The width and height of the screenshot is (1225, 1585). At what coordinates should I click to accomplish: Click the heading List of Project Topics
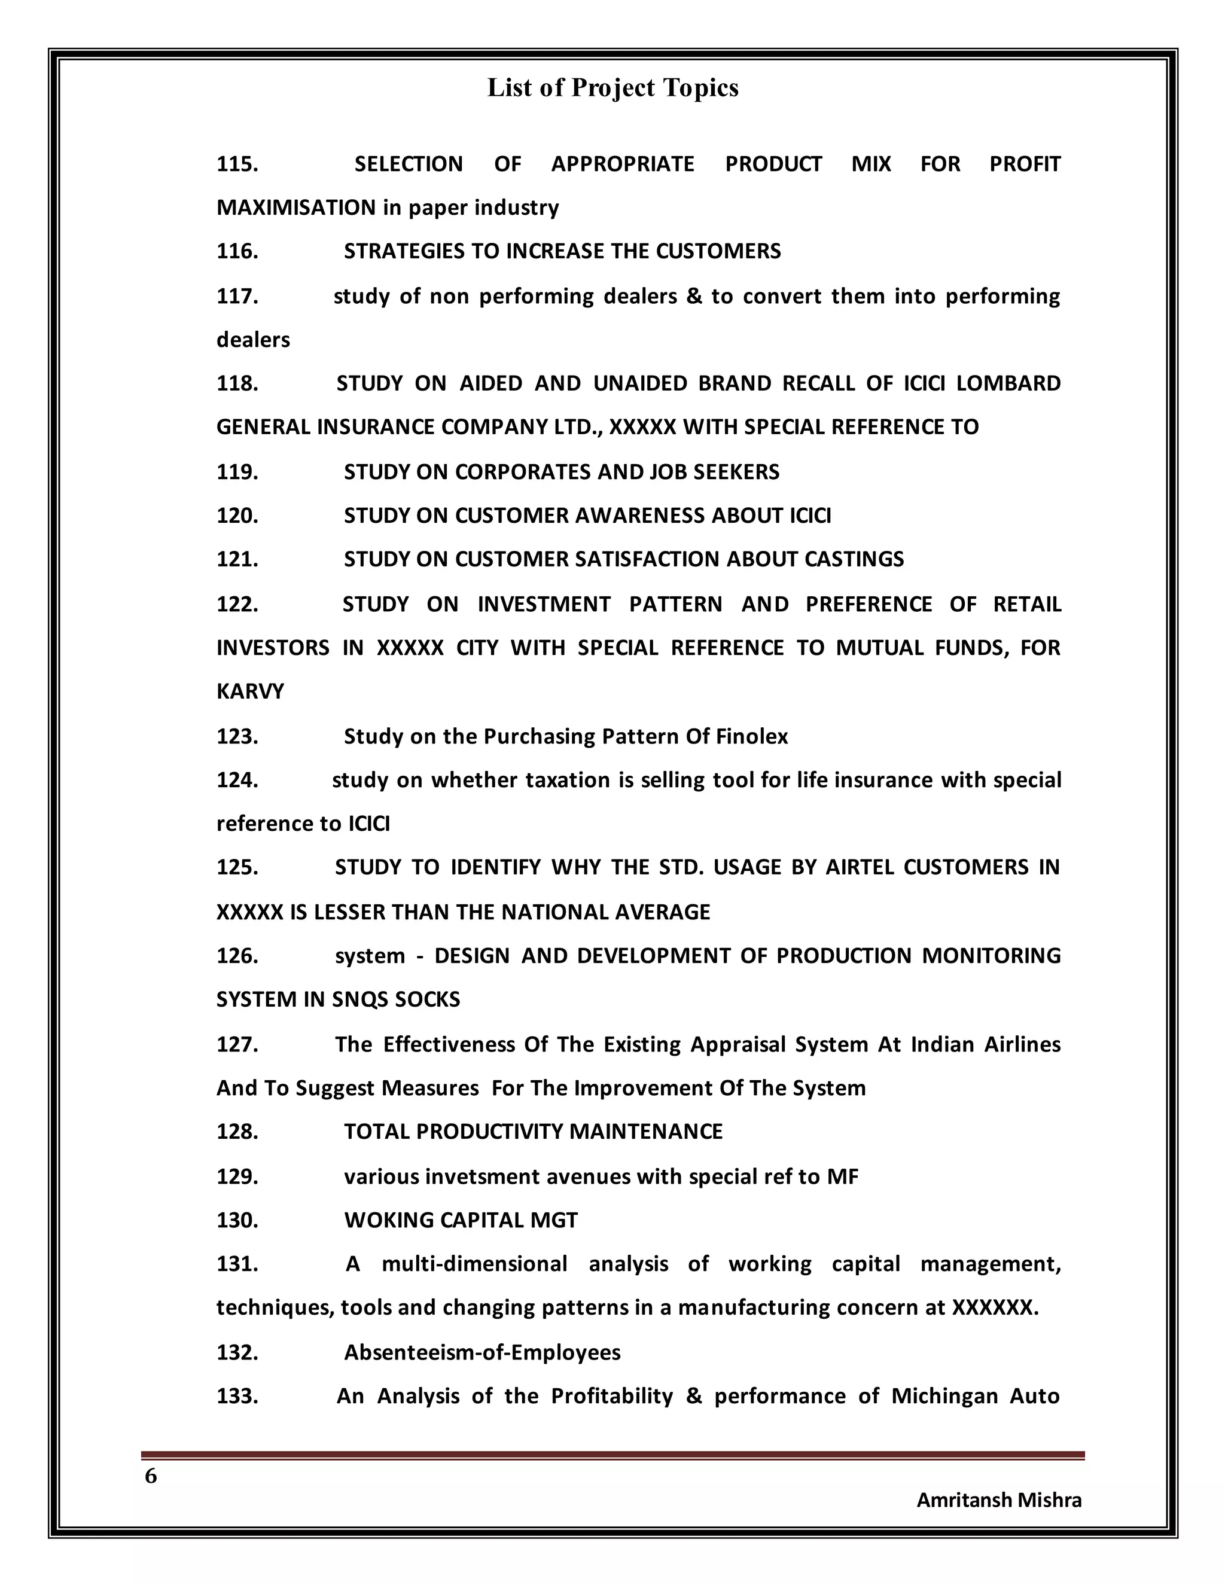point(612,88)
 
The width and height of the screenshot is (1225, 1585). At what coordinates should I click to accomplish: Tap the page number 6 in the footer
point(151,1476)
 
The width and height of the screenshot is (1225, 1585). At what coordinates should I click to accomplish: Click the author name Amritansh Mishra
point(998,1500)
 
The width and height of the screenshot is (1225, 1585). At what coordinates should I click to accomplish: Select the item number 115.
point(237,164)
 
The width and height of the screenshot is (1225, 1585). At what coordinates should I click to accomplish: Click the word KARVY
point(251,691)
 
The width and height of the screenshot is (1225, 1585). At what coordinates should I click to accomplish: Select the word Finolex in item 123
point(752,737)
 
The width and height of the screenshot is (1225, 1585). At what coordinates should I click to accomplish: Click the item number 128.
point(237,1132)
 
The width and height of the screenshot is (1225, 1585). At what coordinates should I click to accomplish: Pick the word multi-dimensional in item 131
point(474,1264)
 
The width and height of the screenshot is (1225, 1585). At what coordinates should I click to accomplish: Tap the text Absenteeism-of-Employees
point(482,1353)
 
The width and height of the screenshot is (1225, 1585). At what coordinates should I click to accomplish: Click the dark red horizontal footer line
point(612,1455)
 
